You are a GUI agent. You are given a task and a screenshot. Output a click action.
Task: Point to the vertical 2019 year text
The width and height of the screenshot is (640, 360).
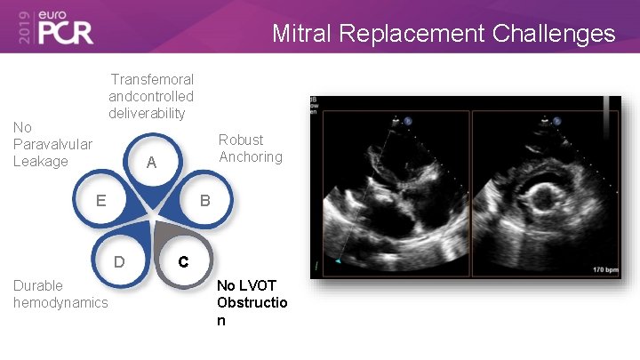point(20,27)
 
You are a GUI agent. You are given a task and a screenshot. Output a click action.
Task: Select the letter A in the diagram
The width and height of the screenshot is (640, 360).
point(151,163)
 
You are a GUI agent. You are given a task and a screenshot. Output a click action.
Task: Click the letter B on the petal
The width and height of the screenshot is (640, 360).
point(204,201)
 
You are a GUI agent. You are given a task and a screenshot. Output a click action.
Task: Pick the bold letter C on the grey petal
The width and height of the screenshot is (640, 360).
point(182,262)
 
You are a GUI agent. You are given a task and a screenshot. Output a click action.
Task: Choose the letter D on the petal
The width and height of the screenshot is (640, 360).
point(118,262)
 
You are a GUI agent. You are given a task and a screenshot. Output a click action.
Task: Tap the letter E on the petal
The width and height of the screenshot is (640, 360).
point(101,200)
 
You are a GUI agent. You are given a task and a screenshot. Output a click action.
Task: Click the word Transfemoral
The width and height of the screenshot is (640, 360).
point(152,80)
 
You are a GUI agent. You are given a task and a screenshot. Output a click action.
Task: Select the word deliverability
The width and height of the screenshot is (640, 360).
point(147,113)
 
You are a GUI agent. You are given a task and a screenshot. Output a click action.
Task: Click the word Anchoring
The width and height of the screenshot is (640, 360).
point(251,157)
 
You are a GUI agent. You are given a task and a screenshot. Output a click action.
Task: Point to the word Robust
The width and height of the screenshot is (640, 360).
point(241,140)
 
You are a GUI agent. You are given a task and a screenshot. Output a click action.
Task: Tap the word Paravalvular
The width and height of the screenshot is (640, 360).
point(52,144)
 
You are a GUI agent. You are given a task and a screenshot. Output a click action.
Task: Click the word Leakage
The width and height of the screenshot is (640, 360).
point(40,161)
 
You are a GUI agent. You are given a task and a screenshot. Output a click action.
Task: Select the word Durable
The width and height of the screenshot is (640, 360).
point(38,285)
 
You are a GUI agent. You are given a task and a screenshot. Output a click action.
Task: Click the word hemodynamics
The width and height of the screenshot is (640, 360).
point(60,303)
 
